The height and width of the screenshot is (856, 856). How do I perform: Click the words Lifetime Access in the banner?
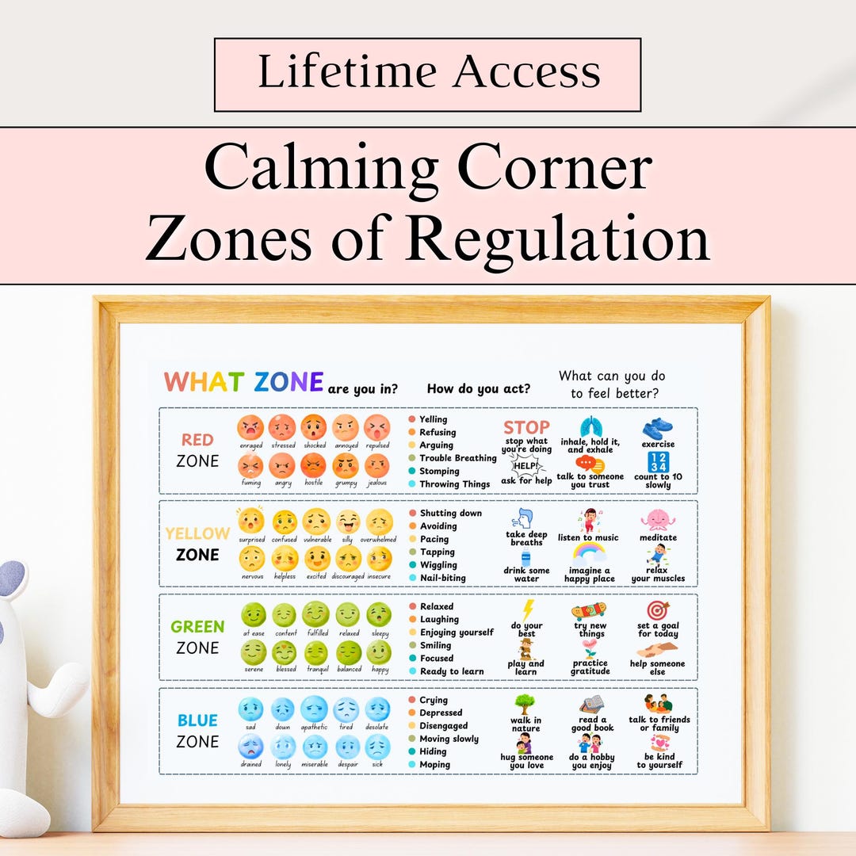[428, 74]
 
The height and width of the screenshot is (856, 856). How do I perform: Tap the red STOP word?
[526, 427]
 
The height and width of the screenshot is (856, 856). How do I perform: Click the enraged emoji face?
[250, 428]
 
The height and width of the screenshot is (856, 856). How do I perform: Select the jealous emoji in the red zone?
[377, 465]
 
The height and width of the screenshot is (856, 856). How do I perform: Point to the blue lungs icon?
[590, 426]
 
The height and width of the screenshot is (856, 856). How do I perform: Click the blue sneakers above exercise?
[658, 428]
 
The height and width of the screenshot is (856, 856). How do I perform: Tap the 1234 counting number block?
[658, 462]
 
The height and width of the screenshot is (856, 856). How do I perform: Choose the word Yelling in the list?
[433, 419]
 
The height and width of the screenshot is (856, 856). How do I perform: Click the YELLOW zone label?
[197, 533]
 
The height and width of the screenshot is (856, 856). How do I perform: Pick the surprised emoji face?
[251, 522]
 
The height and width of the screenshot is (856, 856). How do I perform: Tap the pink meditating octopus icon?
[658, 520]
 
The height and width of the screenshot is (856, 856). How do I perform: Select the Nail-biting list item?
[442, 578]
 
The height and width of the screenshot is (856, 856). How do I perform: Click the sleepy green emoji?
[379, 615]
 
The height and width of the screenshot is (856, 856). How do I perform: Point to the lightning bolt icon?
[527, 610]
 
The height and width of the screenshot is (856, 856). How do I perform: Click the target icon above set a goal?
[658, 610]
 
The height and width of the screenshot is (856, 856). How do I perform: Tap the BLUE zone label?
[197, 720]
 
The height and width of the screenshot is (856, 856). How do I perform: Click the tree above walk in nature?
[525, 704]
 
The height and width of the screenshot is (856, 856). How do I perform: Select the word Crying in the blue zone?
[434, 700]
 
